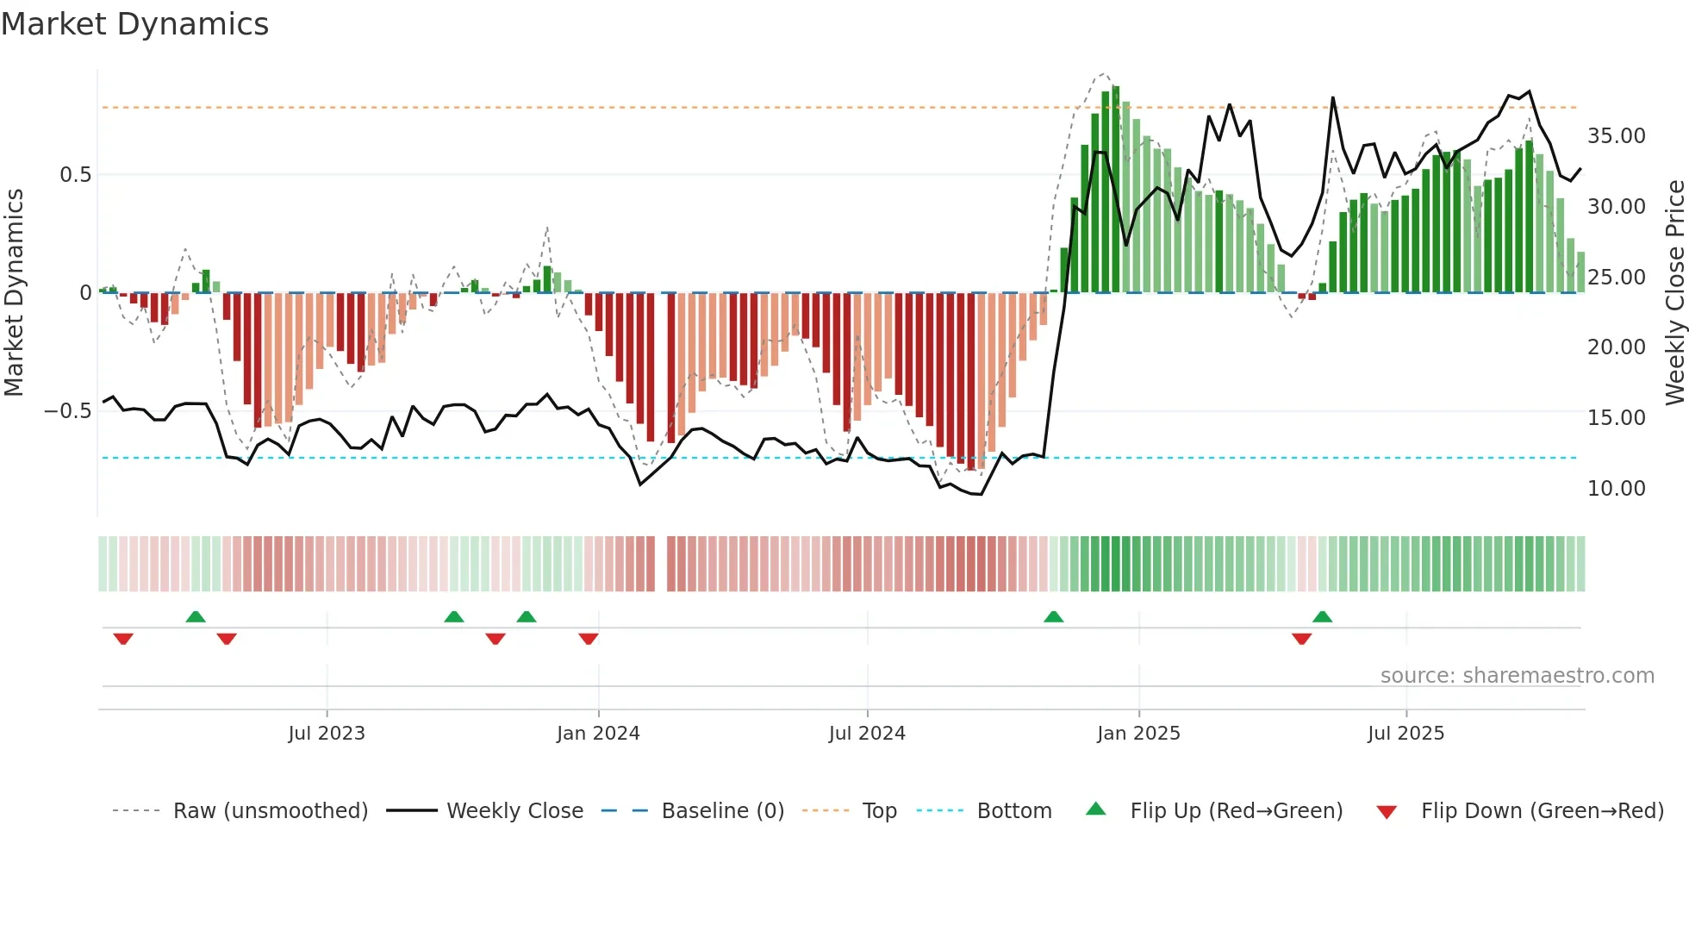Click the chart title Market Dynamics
134,24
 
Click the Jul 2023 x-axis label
327,734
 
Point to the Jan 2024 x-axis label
598,734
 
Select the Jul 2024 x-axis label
867,734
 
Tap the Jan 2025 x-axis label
1138,734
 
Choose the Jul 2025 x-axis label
1405,734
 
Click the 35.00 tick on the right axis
1616,136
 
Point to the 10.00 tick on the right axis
1616,489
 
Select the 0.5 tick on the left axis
75,175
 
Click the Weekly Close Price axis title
1674,293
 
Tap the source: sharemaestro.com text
1517,676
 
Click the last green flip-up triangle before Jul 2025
1322,616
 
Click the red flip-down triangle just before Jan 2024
589,639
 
